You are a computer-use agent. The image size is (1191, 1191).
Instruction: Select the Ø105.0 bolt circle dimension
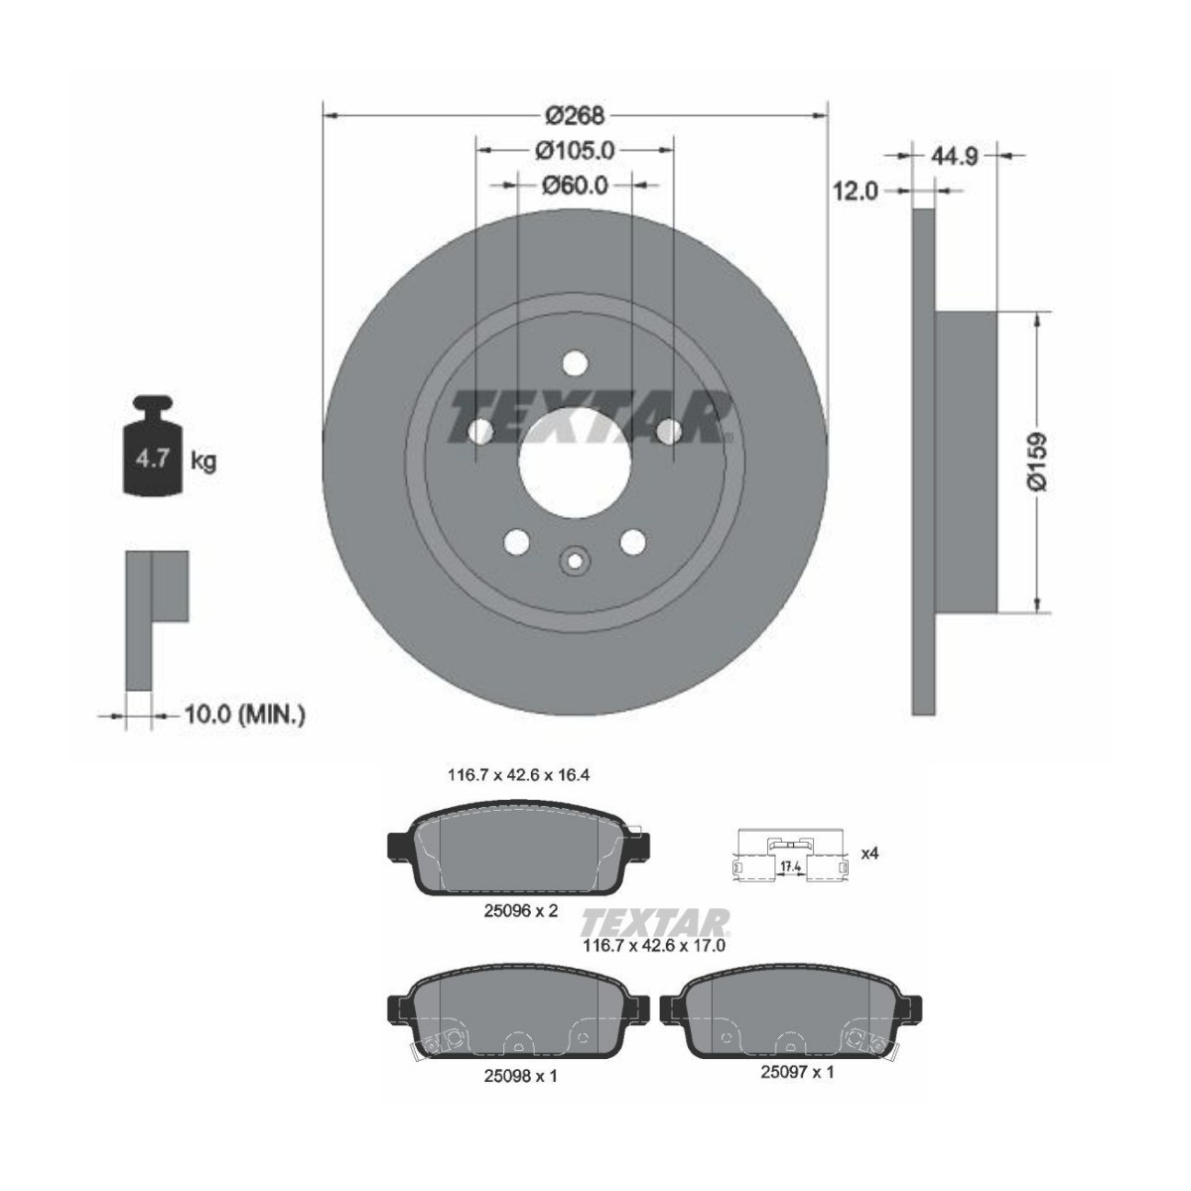tap(576, 150)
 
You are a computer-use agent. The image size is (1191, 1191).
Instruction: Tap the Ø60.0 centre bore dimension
tap(576, 185)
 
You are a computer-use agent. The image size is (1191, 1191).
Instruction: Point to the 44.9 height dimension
tap(956, 155)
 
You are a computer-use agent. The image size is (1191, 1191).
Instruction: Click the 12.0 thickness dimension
tap(856, 191)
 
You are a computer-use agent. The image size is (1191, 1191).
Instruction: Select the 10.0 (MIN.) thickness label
tap(244, 714)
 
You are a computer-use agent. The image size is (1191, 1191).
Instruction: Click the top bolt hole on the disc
tap(574, 364)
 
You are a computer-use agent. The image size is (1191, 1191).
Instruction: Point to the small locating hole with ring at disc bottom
tap(575, 562)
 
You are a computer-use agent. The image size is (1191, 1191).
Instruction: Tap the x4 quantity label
tap(869, 853)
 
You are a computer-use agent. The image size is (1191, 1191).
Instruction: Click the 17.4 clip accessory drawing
tap(790, 856)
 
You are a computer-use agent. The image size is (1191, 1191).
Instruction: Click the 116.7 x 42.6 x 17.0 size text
tap(654, 946)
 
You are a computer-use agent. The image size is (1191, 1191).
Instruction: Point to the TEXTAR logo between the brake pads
tap(656, 920)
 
